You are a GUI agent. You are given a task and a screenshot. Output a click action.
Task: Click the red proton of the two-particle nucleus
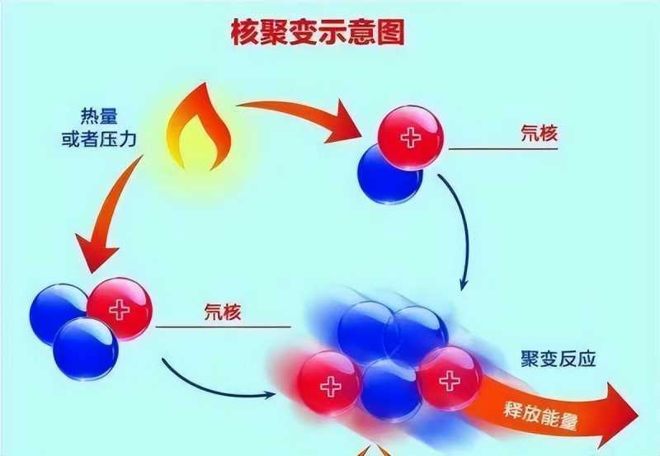pyautogui.click(x=410, y=138)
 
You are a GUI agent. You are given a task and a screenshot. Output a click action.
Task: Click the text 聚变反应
pyautogui.click(x=559, y=360)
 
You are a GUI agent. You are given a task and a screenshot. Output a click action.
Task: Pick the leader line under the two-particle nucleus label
pyautogui.click(x=503, y=149)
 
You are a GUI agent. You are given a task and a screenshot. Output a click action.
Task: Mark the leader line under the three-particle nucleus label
pyautogui.click(x=214, y=327)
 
